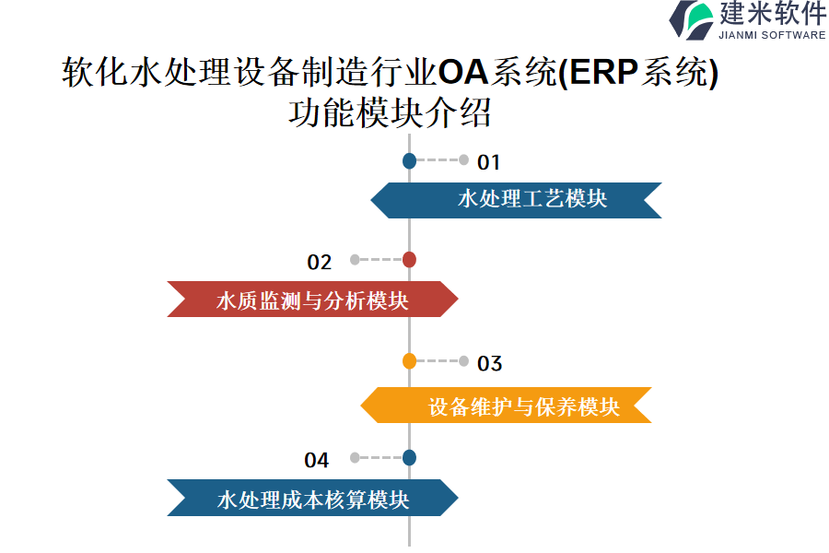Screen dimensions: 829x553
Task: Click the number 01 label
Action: [x=488, y=162]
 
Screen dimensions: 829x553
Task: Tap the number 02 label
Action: [x=320, y=263]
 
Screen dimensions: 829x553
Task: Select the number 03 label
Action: [x=489, y=363]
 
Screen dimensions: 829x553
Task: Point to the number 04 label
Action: [x=317, y=461]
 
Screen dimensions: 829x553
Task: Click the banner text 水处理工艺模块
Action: [x=532, y=199]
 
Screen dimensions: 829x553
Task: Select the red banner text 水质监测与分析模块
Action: [x=312, y=301]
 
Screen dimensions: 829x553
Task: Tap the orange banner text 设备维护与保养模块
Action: [x=523, y=407]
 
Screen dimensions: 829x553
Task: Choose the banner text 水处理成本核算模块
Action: [x=313, y=500]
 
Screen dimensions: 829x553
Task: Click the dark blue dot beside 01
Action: [x=409, y=160]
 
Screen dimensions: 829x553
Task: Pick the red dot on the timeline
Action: [x=409, y=260]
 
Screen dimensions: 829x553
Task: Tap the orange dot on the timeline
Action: [x=409, y=361]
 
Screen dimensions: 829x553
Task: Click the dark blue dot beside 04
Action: [x=409, y=458]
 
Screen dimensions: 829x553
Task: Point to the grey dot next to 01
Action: [x=463, y=159]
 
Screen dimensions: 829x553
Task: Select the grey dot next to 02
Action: [x=355, y=259]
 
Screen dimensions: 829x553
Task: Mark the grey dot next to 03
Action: [x=463, y=361]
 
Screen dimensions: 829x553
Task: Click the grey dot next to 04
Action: [x=355, y=458]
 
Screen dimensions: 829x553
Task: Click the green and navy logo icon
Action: [x=691, y=20]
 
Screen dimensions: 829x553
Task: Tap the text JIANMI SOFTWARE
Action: [x=772, y=35]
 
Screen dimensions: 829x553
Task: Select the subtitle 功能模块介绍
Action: [x=390, y=112]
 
